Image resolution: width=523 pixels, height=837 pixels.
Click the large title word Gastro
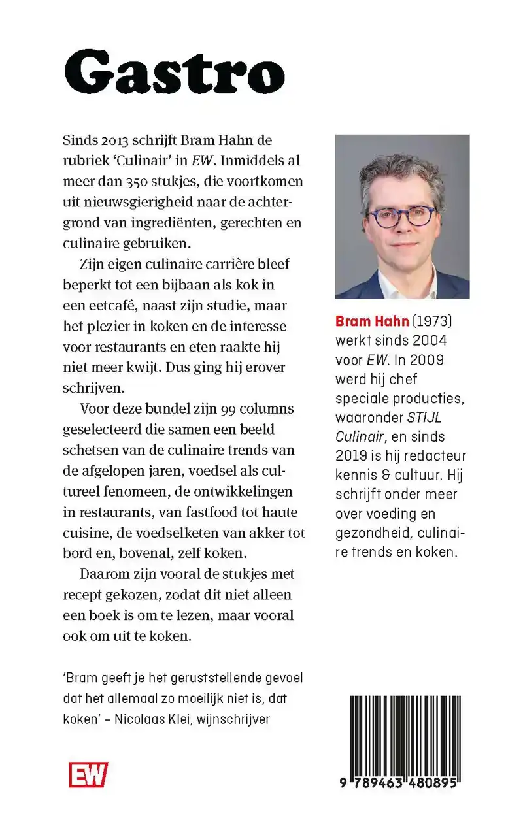(x=175, y=73)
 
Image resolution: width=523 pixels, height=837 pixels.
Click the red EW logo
(x=88, y=775)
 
